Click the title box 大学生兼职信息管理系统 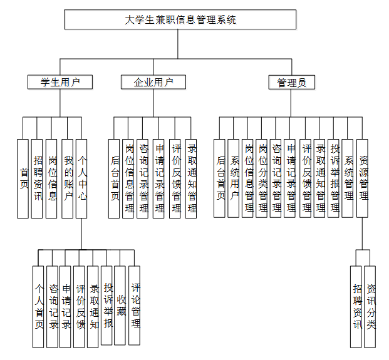tap(180, 19)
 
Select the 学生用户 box tap(60, 82)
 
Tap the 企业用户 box tap(153, 82)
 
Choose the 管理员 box tap(291, 82)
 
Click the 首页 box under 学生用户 tap(24, 178)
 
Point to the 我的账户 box tap(68, 178)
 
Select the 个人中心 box tap(82, 178)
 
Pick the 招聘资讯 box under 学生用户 tap(38, 178)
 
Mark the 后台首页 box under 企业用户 tap(114, 178)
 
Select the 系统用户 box tap(234, 178)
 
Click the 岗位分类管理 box tap(262, 178)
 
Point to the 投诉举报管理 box tap(335, 178)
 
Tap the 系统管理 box tap(349, 178)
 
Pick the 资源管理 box tap(363, 178)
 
